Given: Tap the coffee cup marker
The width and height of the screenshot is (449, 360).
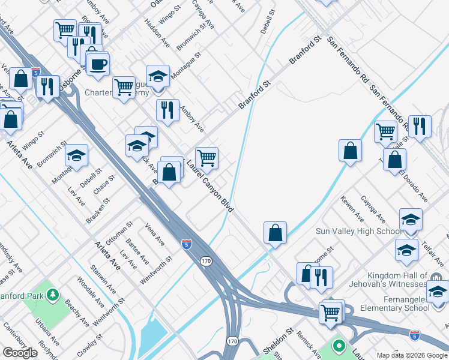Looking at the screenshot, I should coord(97,63).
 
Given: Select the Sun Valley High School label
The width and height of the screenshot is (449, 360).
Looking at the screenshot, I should coord(359,231).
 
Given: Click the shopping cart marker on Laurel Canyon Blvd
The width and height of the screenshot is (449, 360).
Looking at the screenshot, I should coord(206,158).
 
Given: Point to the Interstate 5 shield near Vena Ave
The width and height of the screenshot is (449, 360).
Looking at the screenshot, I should coord(187,244).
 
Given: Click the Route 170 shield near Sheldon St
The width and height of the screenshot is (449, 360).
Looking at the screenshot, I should coord(232,341).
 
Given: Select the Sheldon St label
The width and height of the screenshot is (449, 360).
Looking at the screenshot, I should coord(277,341).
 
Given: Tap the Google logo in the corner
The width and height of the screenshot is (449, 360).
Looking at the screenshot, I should coord(20,353).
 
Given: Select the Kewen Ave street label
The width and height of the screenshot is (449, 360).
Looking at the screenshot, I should coord(352,208).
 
